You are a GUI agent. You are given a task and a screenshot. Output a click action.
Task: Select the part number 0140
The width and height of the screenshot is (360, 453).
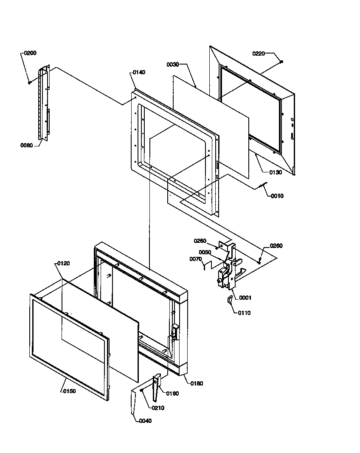point(138,72)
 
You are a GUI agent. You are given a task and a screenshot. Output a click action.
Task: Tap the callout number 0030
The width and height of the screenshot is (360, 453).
point(172,64)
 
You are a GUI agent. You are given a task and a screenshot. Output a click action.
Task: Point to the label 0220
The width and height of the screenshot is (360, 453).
point(259,53)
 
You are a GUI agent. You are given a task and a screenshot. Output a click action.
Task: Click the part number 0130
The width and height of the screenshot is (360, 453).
point(276,172)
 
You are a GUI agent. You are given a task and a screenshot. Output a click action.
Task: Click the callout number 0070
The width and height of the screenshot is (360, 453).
point(196,259)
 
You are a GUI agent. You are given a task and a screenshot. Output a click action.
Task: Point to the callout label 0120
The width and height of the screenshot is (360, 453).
point(63,263)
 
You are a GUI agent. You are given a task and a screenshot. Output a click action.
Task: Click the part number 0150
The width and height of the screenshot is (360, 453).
point(69,391)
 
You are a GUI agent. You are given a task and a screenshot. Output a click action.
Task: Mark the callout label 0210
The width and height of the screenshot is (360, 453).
point(157,408)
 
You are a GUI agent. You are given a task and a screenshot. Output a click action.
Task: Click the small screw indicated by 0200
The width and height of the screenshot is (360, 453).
point(29,82)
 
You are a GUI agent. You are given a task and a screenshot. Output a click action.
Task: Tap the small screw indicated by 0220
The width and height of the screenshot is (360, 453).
point(281,62)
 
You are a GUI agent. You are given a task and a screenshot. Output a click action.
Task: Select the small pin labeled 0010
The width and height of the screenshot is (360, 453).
point(263,186)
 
